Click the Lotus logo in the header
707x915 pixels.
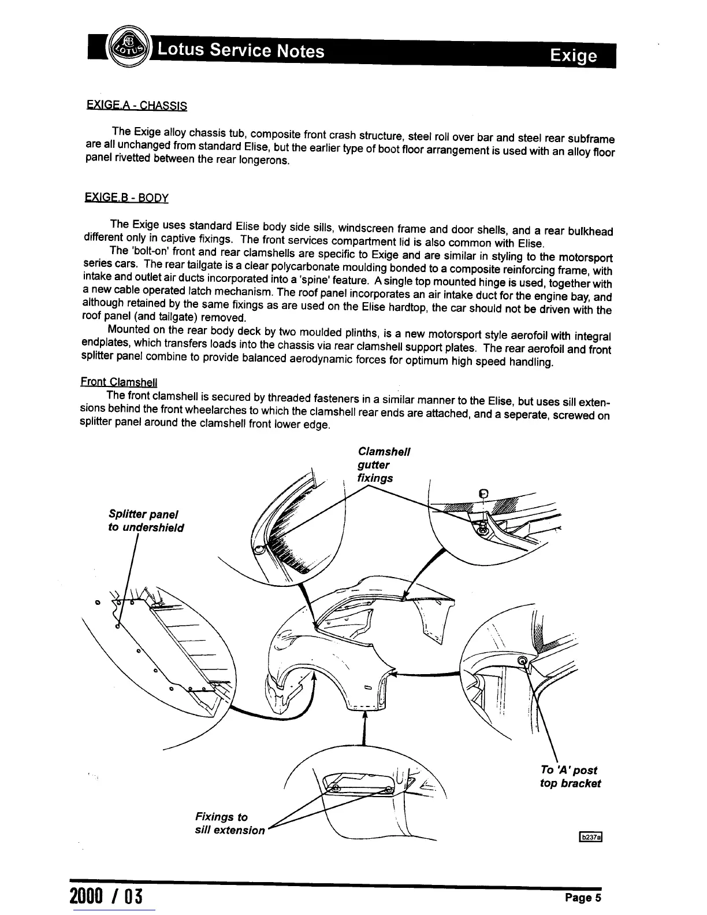[x=128, y=48]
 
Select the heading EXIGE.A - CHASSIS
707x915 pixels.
[x=136, y=106]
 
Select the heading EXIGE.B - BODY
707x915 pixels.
[x=126, y=198]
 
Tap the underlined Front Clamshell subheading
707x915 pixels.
[x=118, y=382]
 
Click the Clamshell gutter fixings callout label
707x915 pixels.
[x=384, y=464]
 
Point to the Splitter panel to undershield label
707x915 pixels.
[x=146, y=520]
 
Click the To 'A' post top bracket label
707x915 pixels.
[x=570, y=776]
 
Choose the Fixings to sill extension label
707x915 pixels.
[x=230, y=823]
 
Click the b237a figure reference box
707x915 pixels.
[x=590, y=837]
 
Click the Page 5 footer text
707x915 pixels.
[x=583, y=898]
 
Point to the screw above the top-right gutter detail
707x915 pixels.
[x=484, y=494]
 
